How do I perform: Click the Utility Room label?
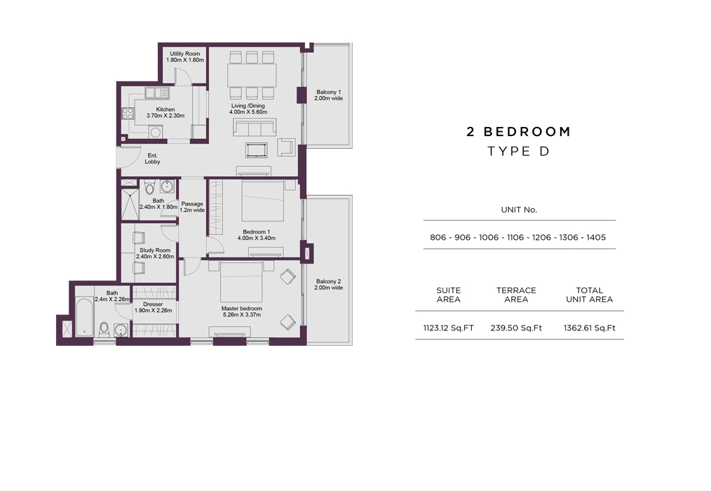point(185,53)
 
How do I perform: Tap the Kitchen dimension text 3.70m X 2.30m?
point(165,116)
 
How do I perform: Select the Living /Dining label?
point(248,106)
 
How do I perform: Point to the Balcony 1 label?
point(329,92)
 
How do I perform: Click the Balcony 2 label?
point(329,281)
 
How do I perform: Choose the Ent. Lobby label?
point(152,159)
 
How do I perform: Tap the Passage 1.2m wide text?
point(192,207)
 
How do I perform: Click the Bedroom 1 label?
point(256,232)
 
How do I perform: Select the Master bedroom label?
point(242,309)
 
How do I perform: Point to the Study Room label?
point(155,250)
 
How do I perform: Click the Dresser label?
point(153,304)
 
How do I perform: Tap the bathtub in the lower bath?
point(85,317)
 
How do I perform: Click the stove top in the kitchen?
point(128,114)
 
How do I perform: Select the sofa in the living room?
point(255,128)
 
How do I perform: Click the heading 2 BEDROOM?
point(519,132)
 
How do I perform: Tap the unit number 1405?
point(596,237)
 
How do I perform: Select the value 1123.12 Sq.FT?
point(449,328)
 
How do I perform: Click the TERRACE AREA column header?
point(516,295)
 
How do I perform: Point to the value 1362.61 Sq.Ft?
point(590,328)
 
